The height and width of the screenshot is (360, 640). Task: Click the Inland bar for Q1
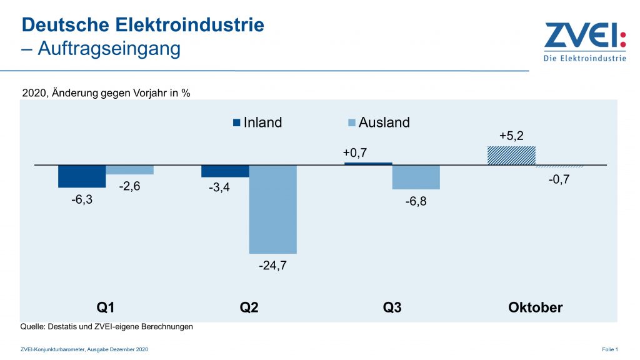tap(82, 176)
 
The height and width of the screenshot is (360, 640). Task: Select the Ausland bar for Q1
tap(129, 170)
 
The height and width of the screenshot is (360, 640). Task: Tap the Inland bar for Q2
tap(225, 171)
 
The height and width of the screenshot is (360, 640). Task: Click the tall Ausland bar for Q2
tap(272, 209)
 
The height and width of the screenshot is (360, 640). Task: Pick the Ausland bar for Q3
tap(416, 177)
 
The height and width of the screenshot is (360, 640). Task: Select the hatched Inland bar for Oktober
tap(511, 156)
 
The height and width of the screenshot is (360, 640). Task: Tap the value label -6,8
tap(416, 201)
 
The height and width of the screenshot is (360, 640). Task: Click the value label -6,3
tap(82, 199)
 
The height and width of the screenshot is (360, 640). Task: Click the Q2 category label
tap(249, 307)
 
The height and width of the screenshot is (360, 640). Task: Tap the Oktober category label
tap(535, 307)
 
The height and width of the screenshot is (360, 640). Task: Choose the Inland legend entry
tap(257, 122)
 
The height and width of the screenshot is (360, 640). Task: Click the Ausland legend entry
tap(377, 122)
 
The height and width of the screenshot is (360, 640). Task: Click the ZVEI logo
tap(584, 41)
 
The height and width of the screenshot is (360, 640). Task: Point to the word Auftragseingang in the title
tap(110, 49)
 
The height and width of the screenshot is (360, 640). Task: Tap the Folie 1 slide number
tap(609, 349)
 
